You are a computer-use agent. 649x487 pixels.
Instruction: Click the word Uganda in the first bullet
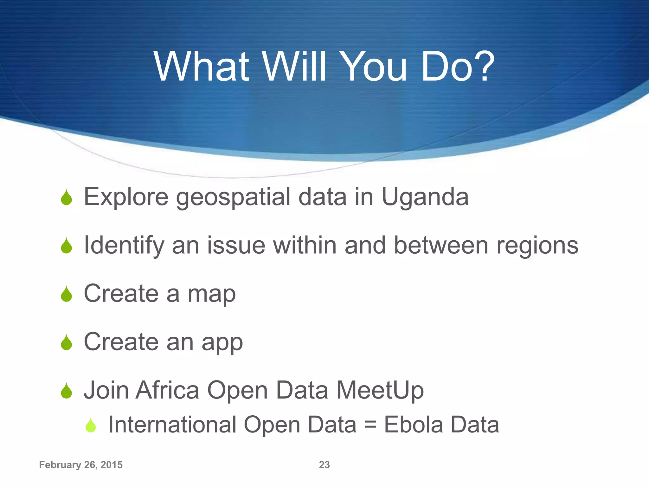click(425, 197)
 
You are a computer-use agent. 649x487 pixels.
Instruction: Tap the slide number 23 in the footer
click(324, 465)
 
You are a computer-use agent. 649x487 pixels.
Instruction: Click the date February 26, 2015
click(81, 465)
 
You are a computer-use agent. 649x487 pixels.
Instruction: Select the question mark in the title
click(483, 67)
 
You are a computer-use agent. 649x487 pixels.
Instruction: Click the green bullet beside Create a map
click(67, 294)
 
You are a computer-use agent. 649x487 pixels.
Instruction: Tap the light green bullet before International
click(91, 425)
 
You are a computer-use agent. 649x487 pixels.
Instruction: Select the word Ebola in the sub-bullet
click(413, 425)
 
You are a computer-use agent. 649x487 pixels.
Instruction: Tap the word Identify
click(124, 246)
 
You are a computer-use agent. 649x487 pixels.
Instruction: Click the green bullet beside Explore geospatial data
click(67, 198)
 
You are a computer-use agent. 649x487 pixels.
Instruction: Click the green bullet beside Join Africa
click(67, 391)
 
